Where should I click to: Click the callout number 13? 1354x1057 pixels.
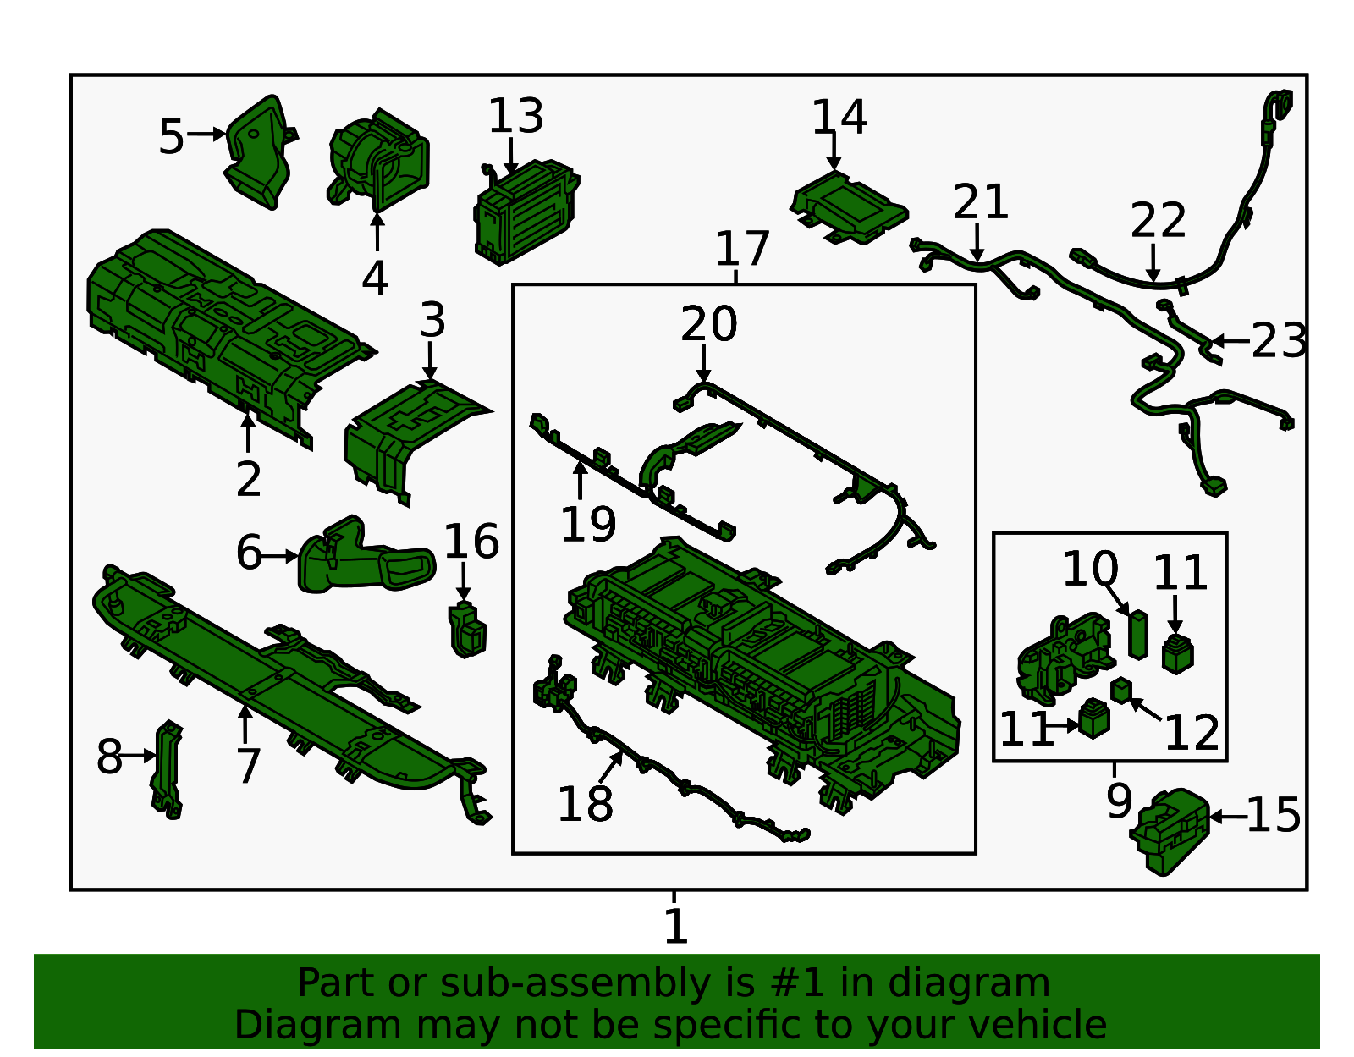pyautogui.click(x=515, y=116)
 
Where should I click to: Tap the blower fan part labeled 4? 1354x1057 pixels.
pyautogui.click(x=378, y=159)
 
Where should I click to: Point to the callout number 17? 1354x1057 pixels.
pyautogui.click(x=741, y=249)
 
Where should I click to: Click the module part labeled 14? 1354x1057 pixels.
pyautogui.click(x=849, y=207)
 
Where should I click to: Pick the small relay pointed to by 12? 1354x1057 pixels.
pyautogui.click(x=1121, y=690)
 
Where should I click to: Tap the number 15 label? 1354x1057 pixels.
pyautogui.click(x=1273, y=815)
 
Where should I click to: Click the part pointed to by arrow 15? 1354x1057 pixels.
pyautogui.click(x=1170, y=832)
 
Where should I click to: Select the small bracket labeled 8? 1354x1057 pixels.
pyautogui.click(x=167, y=770)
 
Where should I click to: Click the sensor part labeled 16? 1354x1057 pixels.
pyautogui.click(x=466, y=629)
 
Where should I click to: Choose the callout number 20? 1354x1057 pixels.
pyautogui.click(x=708, y=324)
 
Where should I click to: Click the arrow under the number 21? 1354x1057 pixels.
pyautogui.click(x=977, y=243)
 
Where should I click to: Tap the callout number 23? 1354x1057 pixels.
pyautogui.click(x=1278, y=341)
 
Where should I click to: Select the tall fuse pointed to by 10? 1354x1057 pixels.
pyautogui.click(x=1138, y=634)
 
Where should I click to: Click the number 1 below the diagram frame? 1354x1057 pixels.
pyautogui.click(x=675, y=926)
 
